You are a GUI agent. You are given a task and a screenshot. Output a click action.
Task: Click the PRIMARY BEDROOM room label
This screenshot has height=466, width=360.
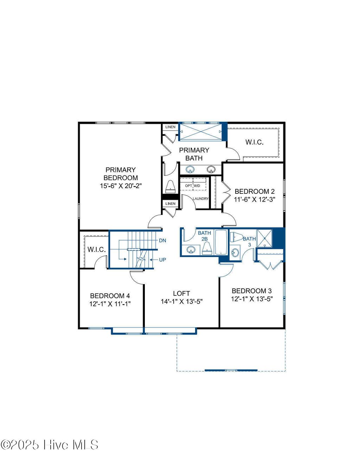pyautogui.click(x=121, y=174)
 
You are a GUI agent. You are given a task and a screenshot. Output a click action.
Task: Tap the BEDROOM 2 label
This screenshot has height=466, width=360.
pyautogui.click(x=255, y=191)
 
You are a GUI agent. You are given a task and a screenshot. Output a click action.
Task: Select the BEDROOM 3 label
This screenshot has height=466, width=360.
pyautogui.click(x=252, y=291)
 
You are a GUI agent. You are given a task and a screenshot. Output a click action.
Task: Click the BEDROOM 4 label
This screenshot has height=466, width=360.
pyautogui.click(x=110, y=296)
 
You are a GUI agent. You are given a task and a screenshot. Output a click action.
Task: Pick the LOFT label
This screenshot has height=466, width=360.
pyautogui.click(x=181, y=293)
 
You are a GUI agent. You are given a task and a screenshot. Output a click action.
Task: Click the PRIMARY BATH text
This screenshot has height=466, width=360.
pyautogui.click(x=194, y=154)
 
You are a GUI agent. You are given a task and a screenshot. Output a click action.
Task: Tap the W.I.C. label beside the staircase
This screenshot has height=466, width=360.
pyautogui.click(x=96, y=249)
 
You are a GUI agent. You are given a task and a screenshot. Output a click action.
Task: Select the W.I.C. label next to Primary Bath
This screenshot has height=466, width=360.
pyautogui.click(x=254, y=142)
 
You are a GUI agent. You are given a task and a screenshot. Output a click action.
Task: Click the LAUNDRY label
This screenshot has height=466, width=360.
pyautogui.click(x=201, y=199)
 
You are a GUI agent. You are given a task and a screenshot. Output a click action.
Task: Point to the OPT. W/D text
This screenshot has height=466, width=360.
pyautogui.click(x=193, y=186)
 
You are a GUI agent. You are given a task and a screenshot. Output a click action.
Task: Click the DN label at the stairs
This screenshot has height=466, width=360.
pyautogui.click(x=162, y=241)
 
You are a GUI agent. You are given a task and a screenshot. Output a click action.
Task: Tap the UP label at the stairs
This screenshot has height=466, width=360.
pyautogui.click(x=162, y=260)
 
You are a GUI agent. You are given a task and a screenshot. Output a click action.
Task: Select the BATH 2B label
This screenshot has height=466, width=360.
pyautogui.click(x=204, y=236)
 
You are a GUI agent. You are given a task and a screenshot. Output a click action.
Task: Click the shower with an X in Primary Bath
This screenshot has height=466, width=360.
pyautogui.click(x=201, y=132)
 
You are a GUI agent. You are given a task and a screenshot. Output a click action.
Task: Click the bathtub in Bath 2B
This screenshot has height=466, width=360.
pyautogui.click(x=221, y=242)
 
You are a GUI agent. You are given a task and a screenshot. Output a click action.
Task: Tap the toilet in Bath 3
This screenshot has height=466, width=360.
pyautogui.click(x=237, y=236)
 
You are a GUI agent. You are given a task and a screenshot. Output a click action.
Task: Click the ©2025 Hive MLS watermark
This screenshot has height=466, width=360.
pyautogui.click(x=50, y=445)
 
